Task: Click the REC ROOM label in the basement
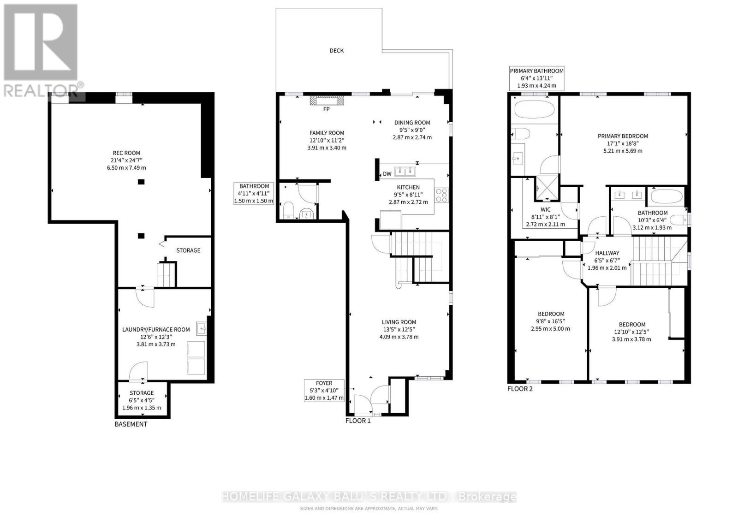click(126, 153)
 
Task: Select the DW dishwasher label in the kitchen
click(387, 174)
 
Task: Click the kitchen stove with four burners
click(441, 195)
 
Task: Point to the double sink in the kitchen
click(405, 172)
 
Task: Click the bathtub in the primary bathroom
click(535, 109)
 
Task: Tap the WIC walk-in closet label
click(545, 209)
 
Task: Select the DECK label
click(337, 50)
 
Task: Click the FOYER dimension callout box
click(324, 390)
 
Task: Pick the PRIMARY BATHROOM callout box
click(537, 78)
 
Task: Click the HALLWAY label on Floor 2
click(607, 253)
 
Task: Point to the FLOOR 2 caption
click(520, 389)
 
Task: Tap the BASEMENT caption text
click(131, 424)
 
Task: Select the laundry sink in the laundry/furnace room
click(202, 328)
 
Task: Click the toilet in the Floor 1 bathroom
click(288, 210)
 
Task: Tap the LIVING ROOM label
click(399, 322)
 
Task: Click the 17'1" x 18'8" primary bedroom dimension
click(623, 143)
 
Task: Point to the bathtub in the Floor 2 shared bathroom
click(667, 197)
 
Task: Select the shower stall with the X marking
click(547, 188)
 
